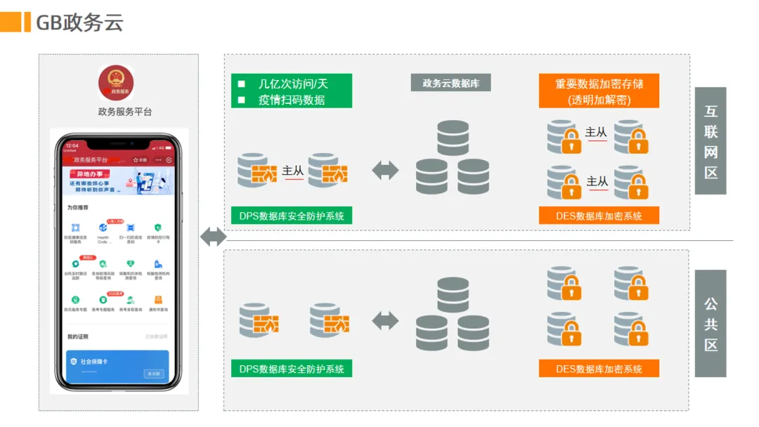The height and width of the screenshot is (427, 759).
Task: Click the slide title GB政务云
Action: pos(79,22)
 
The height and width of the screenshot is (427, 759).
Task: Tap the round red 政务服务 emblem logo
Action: pos(116,82)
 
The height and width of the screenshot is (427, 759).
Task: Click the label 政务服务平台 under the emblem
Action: pos(125,112)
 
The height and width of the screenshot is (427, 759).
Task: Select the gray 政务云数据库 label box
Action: pos(450,83)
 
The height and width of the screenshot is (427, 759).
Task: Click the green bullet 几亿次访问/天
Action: pos(293,84)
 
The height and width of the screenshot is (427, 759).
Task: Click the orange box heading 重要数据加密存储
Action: pos(599,84)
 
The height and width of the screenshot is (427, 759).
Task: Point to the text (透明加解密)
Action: pos(599,100)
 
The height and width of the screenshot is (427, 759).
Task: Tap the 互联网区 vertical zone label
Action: pos(711,141)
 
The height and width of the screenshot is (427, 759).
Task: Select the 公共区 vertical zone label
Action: pos(711,324)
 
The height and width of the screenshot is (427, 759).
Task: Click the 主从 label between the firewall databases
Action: pos(293,171)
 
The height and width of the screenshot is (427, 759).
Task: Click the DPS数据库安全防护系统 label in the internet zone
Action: pos(292,216)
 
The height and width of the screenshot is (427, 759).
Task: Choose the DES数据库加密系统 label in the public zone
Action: pos(599,369)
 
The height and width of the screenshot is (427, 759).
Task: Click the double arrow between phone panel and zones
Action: pos(213,237)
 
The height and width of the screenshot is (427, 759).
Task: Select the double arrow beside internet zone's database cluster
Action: pos(385,171)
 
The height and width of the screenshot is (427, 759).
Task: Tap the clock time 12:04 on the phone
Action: pos(72,146)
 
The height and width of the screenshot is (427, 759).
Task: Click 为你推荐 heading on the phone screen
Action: pos(78,208)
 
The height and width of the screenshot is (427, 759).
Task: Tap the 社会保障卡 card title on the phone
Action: pos(93,361)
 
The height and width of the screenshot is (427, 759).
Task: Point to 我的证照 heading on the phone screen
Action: pos(78,336)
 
